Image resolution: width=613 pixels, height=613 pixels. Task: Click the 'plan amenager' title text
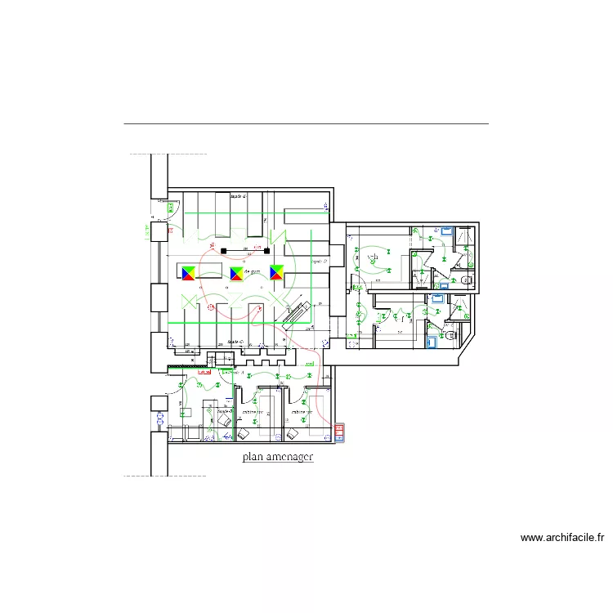(278, 458)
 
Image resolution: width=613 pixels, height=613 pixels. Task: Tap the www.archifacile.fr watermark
(562, 538)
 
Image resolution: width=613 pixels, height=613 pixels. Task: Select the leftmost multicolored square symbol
(189, 273)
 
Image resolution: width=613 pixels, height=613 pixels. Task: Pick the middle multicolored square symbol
(236, 273)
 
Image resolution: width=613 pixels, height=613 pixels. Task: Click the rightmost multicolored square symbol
(277, 273)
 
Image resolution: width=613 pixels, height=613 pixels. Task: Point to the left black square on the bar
(222, 249)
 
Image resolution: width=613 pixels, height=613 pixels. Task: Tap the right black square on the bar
(266, 249)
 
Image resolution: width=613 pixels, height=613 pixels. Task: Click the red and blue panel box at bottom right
(339, 432)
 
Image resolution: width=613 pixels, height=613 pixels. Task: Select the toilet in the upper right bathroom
(467, 280)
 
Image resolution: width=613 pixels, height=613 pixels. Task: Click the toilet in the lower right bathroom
(450, 333)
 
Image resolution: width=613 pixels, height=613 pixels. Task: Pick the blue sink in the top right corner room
(447, 233)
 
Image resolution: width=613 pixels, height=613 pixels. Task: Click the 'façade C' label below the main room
(236, 342)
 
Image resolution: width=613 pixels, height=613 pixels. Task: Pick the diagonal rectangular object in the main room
(293, 315)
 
